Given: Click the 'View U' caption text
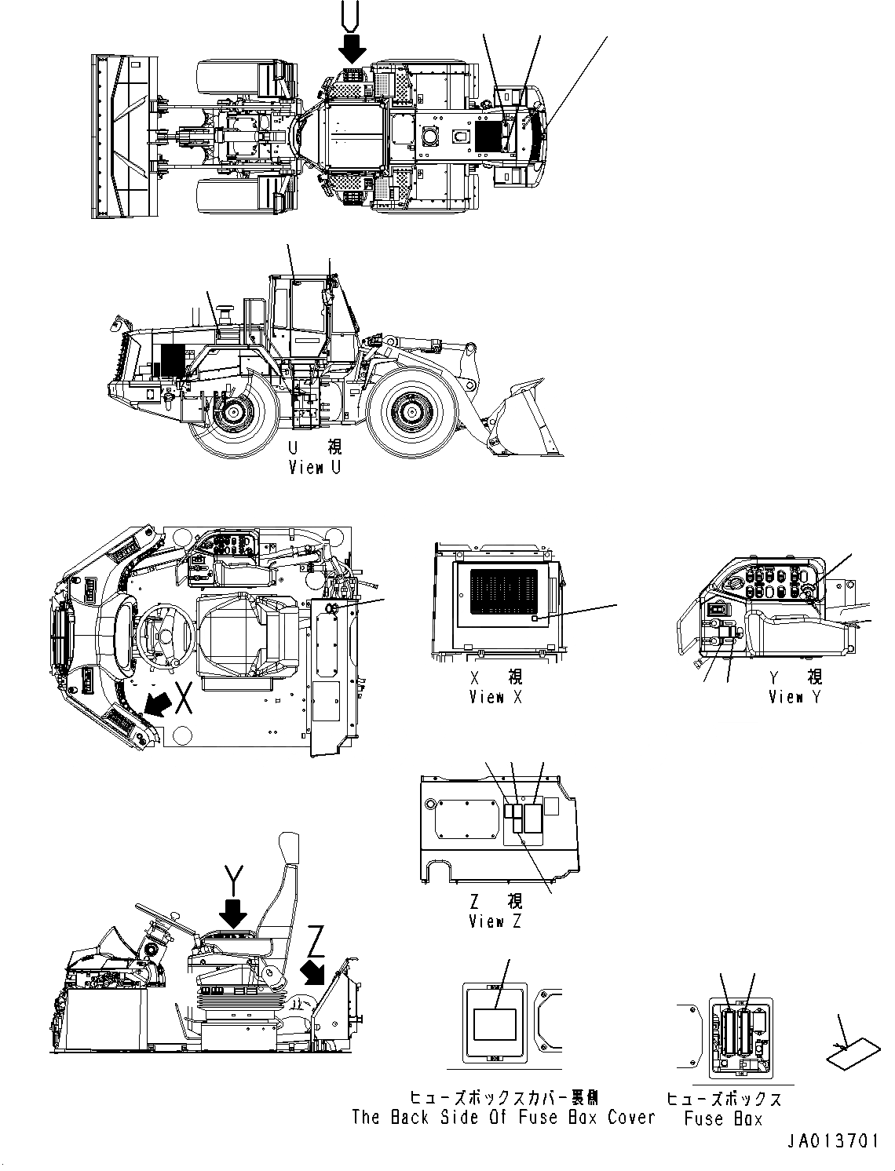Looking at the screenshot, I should click(315, 468).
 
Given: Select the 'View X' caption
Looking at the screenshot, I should click(495, 697).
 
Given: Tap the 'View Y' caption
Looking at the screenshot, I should click(795, 697).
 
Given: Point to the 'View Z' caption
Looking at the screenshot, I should click(495, 922).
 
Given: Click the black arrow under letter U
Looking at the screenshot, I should click(353, 49).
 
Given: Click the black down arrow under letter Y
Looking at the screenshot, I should click(234, 912).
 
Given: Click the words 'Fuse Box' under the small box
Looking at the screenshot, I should click(723, 1119).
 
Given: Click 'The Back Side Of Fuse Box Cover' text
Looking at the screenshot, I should click(502, 1118).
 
